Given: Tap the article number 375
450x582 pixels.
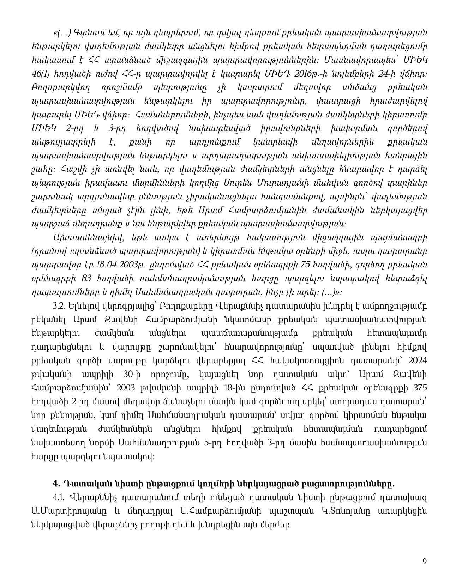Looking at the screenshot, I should point(420,388).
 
